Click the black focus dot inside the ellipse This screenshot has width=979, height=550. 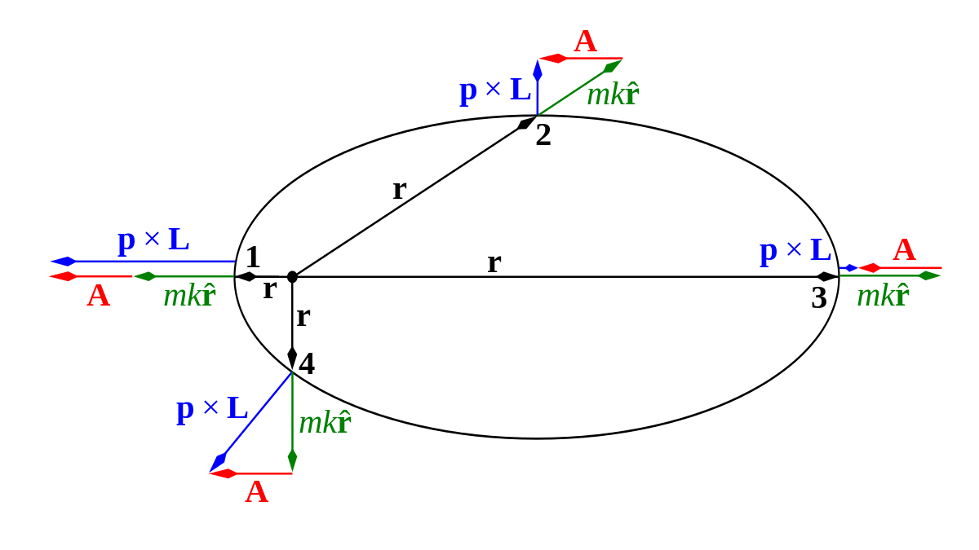[292, 277]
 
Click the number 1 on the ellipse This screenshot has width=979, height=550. [253, 257]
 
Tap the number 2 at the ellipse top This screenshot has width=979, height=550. [543, 135]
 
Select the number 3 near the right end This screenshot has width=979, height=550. [819, 298]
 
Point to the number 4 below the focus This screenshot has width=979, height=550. [307, 363]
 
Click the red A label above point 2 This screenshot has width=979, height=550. [586, 42]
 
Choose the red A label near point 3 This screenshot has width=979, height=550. [904, 251]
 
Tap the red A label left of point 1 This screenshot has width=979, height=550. [99, 296]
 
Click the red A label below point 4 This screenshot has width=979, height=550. [256, 492]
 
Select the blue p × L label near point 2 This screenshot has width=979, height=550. [495, 91]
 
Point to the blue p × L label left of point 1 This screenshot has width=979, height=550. [153, 240]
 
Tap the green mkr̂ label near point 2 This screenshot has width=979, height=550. [614, 95]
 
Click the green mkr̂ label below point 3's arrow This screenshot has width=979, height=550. [884, 295]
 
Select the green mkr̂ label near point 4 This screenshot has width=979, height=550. [326, 422]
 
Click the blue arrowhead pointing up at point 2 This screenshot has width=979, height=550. [538, 70]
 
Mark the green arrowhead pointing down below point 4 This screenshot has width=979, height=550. [292, 461]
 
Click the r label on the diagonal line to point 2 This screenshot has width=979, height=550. [400, 191]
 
